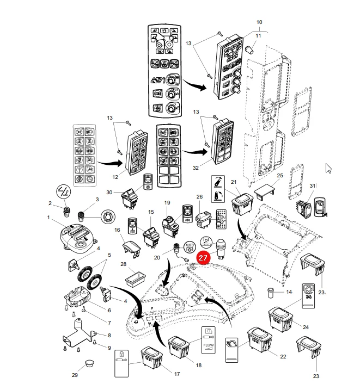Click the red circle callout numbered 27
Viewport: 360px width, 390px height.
(x=203, y=257)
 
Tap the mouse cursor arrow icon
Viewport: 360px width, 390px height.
(x=328, y=169)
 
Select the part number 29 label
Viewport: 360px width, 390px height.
(x=75, y=375)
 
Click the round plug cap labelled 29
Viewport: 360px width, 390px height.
(x=90, y=363)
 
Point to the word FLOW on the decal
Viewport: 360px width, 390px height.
(x=209, y=345)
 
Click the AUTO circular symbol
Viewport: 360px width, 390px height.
(x=190, y=247)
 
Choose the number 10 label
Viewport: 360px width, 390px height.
(x=259, y=22)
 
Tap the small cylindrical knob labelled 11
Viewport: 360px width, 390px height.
(x=249, y=49)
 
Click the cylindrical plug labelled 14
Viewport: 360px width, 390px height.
(x=270, y=292)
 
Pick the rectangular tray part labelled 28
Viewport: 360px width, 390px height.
(x=136, y=279)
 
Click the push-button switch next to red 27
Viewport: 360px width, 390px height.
(x=220, y=248)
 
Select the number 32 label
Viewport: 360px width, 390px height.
(x=196, y=168)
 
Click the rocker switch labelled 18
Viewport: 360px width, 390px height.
(x=179, y=347)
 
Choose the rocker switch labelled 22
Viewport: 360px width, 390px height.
(x=259, y=339)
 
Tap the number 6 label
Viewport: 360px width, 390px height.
(x=109, y=310)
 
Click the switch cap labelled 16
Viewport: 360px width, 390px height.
(x=131, y=247)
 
